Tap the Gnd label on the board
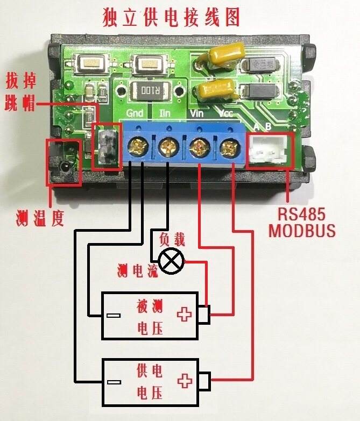point(135,113)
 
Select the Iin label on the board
point(165,113)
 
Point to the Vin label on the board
point(196,113)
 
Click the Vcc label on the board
point(225,113)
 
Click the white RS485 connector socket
point(268,149)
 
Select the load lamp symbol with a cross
point(172,261)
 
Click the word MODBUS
point(302,230)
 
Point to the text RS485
point(301,214)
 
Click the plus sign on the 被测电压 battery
point(184,315)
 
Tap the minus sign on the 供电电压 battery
point(114,382)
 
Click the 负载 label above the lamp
point(172,240)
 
